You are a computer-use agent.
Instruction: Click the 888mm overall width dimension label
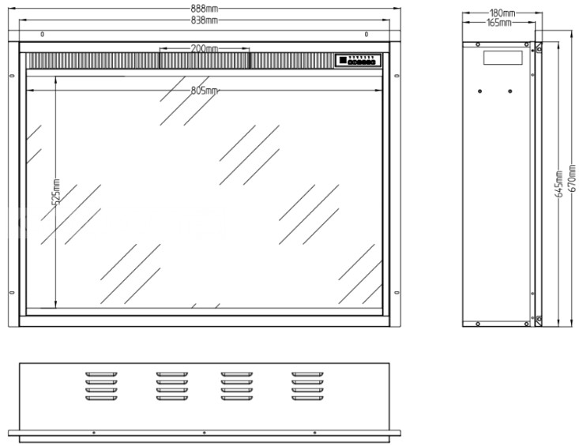pyautogui.click(x=204, y=9)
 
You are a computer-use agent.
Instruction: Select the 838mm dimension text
pyautogui.click(x=205, y=21)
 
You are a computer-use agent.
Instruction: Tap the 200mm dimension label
pyautogui.click(x=205, y=48)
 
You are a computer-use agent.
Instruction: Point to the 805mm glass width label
pyautogui.click(x=205, y=90)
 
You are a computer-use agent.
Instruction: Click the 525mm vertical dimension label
pyautogui.click(x=56, y=192)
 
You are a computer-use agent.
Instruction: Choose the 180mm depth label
pyautogui.click(x=502, y=13)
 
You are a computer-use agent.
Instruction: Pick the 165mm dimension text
pyautogui.click(x=499, y=23)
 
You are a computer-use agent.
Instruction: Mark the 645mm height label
pyautogui.click(x=559, y=183)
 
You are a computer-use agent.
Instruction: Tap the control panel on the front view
pyautogui.click(x=358, y=61)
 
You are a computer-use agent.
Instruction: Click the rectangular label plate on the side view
pyautogui.click(x=503, y=58)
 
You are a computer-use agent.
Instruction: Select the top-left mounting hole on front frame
pyautogui.click(x=43, y=34)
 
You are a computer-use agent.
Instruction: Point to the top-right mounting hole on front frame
pyautogui.click(x=367, y=34)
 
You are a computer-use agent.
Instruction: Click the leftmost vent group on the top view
pyautogui.click(x=101, y=386)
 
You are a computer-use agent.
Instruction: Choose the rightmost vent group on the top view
pyautogui.click(x=307, y=386)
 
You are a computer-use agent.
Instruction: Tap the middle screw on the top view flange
pyautogui.click(x=205, y=433)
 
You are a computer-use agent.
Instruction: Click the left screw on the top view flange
pyautogui.click(x=94, y=433)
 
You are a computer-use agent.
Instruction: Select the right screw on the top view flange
pyautogui.click(x=314, y=433)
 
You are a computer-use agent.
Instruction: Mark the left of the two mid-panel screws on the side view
pyautogui.click(x=480, y=91)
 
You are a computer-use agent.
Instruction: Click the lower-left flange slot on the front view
pyautogui.click(x=12, y=293)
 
